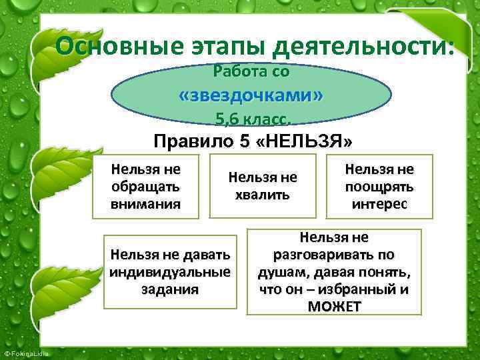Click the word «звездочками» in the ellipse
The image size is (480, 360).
[x=251, y=95]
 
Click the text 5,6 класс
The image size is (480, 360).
[x=252, y=119]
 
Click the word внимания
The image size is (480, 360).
[x=145, y=203]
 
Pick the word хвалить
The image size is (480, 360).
[x=262, y=195]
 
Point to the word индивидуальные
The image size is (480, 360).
[x=170, y=271]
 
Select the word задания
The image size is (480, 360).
[x=170, y=289]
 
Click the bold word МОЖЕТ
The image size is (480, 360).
[x=334, y=307]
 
